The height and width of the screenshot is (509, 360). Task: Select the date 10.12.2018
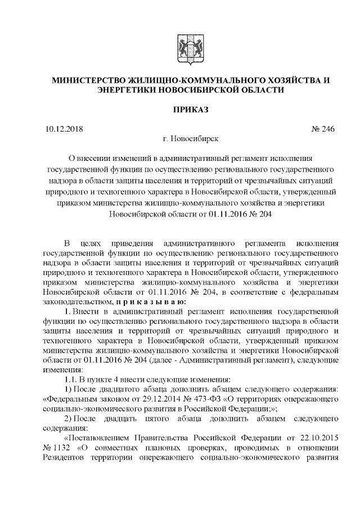(63, 129)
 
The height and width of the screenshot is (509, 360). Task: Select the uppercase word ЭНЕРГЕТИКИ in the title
(127, 90)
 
